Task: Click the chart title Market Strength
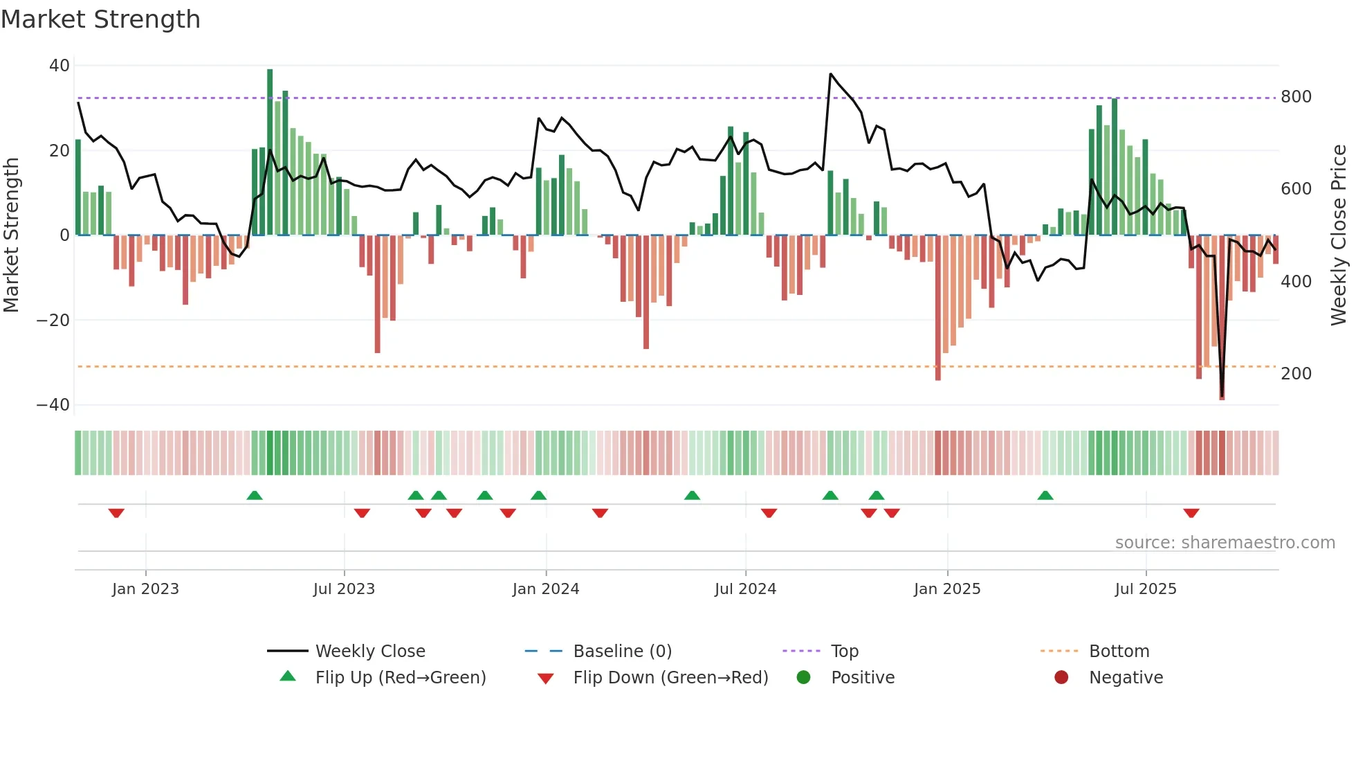click(x=100, y=19)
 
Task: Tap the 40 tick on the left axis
click(x=59, y=66)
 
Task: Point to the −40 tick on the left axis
click(x=53, y=405)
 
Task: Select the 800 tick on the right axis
click(x=1296, y=97)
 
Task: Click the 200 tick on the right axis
click(x=1296, y=374)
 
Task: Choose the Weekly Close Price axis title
click(x=1339, y=235)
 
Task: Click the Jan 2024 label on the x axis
click(x=545, y=589)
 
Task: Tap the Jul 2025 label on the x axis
click(x=1145, y=589)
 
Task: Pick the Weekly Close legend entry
click(x=370, y=652)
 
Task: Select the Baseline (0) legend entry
click(x=622, y=652)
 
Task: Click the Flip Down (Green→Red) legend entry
click(x=670, y=678)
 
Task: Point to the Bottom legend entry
click(x=1119, y=652)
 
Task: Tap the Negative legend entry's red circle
click(x=1061, y=678)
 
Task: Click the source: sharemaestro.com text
click(x=1225, y=543)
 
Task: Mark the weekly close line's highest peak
click(x=831, y=74)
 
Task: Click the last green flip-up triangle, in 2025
click(x=1045, y=496)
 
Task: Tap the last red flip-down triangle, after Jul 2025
click(x=1191, y=513)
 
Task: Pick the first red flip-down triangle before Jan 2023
click(x=116, y=513)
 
